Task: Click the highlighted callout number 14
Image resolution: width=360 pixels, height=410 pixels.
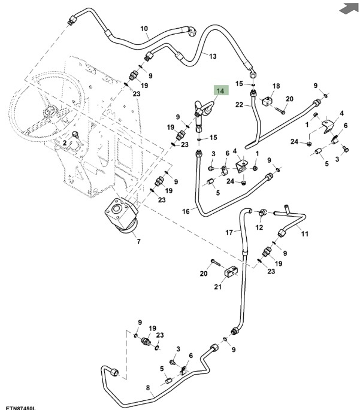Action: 220,91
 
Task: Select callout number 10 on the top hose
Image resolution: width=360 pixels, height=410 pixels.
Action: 144,28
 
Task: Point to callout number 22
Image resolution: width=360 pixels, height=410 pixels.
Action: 239,105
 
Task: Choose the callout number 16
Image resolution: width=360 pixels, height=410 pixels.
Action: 185,211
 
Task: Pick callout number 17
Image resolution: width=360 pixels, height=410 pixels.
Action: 229,232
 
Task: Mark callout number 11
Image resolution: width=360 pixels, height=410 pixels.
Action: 304,233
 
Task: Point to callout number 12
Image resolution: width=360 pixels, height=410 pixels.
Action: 259,227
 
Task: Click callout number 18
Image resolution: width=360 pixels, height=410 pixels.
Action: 276,86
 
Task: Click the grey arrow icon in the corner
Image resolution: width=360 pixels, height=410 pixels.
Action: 347,8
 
